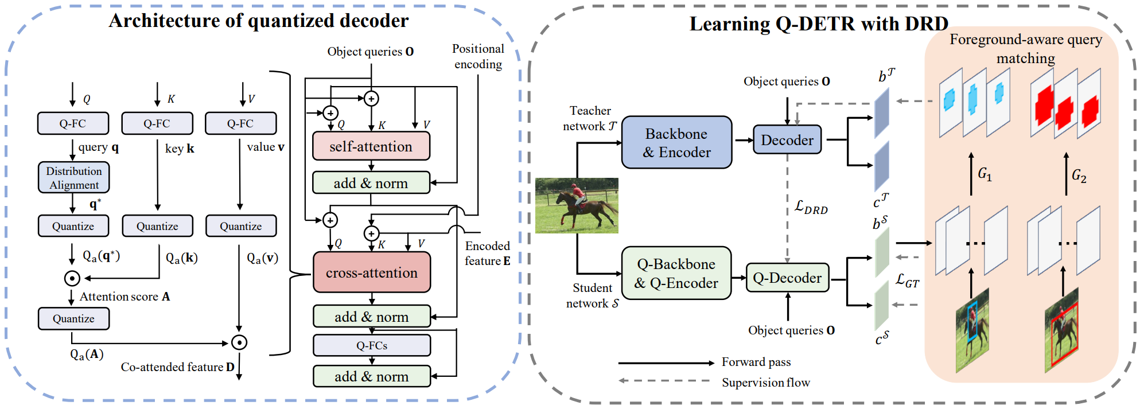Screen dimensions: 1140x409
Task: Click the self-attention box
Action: click(371, 146)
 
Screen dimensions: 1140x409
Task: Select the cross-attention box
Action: click(372, 272)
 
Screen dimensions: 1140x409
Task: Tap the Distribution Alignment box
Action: click(73, 178)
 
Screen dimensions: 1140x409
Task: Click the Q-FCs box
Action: click(372, 345)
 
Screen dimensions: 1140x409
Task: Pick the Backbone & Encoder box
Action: click(676, 142)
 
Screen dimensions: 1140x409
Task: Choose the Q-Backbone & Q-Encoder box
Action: click(676, 273)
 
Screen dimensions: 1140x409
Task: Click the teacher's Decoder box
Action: click(787, 140)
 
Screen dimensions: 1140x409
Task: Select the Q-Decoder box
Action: click(787, 278)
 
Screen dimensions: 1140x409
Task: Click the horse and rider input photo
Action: click(577, 205)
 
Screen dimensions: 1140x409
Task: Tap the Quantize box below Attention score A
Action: click(73, 318)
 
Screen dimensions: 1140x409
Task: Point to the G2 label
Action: click(1079, 176)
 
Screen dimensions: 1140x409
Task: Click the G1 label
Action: click(985, 173)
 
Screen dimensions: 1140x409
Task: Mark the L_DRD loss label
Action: click(811, 207)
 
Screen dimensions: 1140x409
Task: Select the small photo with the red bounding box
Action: click(1062, 330)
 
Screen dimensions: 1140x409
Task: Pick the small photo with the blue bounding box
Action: click(972, 330)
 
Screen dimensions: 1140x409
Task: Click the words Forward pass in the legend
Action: click(756, 362)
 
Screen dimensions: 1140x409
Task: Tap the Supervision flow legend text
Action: click(766, 383)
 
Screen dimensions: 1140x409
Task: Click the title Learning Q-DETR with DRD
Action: click(819, 24)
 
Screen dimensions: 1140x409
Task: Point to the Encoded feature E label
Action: click(488, 254)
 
